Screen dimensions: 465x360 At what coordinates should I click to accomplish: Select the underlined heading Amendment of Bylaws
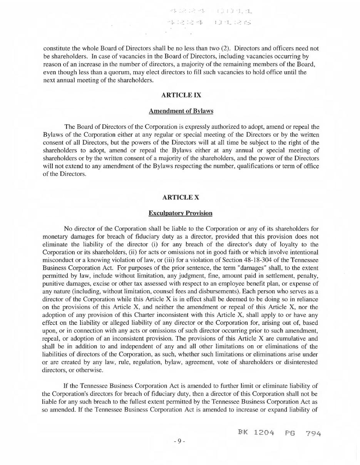tap(181, 111)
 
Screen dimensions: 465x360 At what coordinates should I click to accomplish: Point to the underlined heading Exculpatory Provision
tap(180, 213)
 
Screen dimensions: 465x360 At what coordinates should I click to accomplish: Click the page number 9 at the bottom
tap(179, 441)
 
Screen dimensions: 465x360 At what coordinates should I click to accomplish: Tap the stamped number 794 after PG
tap(313, 433)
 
